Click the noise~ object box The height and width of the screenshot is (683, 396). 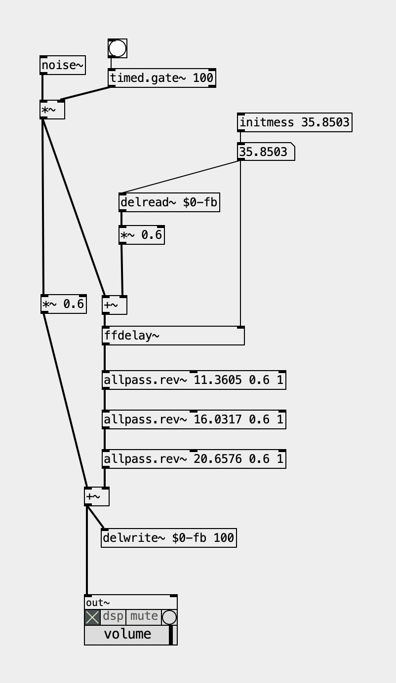[62, 65]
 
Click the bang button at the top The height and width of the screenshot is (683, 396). [118, 48]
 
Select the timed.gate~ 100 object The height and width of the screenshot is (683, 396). [161, 78]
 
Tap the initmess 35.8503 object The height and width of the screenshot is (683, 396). [294, 122]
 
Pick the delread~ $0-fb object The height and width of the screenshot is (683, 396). [169, 202]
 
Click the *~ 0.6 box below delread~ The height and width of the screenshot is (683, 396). [141, 235]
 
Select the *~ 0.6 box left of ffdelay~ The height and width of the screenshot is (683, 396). [63, 304]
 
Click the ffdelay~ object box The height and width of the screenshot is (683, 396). [173, 336]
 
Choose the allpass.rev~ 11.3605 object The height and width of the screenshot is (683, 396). [194, 380]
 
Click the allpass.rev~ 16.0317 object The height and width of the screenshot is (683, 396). [194, 419]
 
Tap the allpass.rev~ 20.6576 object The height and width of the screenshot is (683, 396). [194, 459]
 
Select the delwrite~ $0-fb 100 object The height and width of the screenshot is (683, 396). [168, 538]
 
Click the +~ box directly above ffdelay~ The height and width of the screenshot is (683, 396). [114, 305]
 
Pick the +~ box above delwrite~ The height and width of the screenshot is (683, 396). [96, 496]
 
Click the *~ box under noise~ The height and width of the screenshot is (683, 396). [52, 110]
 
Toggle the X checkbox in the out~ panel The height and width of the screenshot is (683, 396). [92, 617]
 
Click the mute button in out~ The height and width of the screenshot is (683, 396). [144, 616]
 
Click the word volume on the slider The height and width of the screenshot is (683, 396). [127, 634]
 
